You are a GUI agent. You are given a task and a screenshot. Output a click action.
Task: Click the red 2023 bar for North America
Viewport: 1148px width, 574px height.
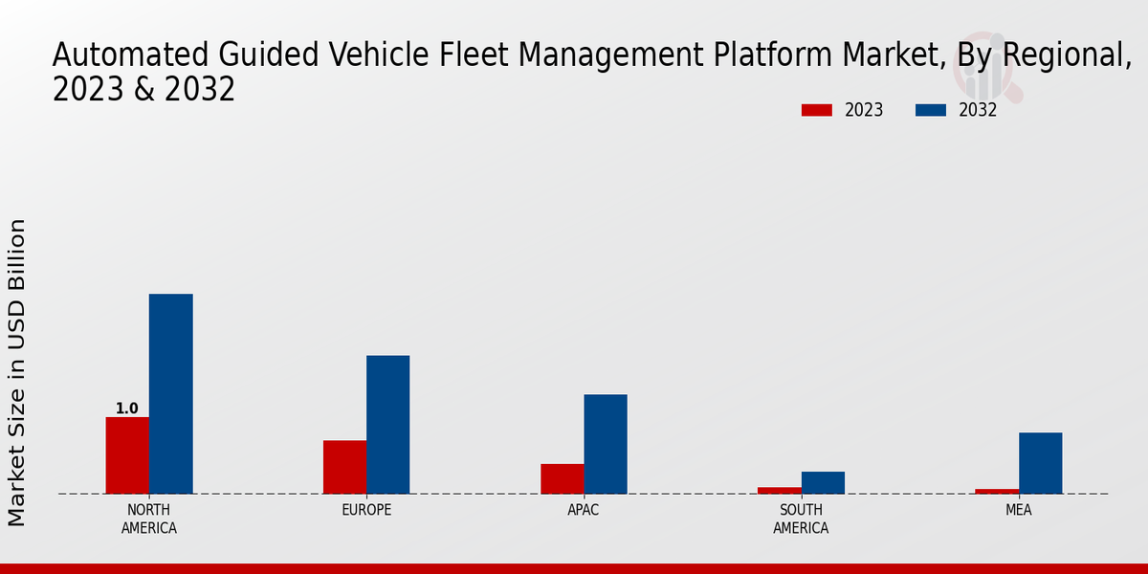pyautogui.click(x=127, y=455)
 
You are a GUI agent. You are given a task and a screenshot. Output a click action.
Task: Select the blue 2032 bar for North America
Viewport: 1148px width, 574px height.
pyautogui.click(x=170, y=393)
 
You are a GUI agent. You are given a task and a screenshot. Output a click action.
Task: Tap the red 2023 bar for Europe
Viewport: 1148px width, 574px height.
pyautogui.click(x=344, y=467)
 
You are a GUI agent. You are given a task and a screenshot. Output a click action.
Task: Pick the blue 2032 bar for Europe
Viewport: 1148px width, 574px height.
pyautogui.click(x=387, y=425)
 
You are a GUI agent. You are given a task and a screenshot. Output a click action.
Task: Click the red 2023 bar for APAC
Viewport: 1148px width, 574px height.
pyautogui.click(x=562, y=478)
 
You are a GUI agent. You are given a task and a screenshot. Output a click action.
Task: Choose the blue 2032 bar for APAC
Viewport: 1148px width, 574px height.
pyautogui.click(x=606, y=444)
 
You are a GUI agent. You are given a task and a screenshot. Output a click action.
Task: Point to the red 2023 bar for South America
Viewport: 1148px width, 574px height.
pyautogui.click(x=780, y=490)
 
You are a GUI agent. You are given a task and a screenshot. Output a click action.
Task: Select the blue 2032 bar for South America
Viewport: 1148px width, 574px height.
pyautogui.click(x=823, y=482)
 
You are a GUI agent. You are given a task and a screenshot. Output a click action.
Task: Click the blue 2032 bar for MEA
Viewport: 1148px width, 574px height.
pyautogui.click(x=1040, y=463)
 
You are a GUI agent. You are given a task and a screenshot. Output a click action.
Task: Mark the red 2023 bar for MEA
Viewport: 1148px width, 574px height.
pyautogui.click(x=997, y=491)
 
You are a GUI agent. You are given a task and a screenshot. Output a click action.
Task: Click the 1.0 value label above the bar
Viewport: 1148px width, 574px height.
pyautogui.click(x=126, y=408)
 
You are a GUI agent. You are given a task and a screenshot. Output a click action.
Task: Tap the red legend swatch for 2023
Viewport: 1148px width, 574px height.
pyautogui.click(x=816, y=110)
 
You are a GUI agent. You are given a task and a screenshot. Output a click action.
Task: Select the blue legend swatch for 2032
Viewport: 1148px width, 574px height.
pyautogui.click(x=930, y=110)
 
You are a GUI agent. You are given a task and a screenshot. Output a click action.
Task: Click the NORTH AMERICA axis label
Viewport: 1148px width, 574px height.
pyautogui.click(x=148, y=519)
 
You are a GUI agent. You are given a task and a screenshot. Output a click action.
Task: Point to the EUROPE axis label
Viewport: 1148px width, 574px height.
pyautogui.click(x=366, y=510)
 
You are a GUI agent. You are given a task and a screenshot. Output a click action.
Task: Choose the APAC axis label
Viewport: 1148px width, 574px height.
pyautogui.click(x=584, y=510)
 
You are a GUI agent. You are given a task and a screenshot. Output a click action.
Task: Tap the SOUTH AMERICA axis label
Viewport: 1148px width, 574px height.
pyautogui.click(x=801, y=519)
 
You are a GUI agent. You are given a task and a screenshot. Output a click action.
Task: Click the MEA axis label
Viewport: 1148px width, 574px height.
pyautogui.click(x=1018, y=510)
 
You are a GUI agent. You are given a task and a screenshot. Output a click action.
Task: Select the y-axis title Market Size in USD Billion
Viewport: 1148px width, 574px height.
pyautogui.click(x=17, y=372)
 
